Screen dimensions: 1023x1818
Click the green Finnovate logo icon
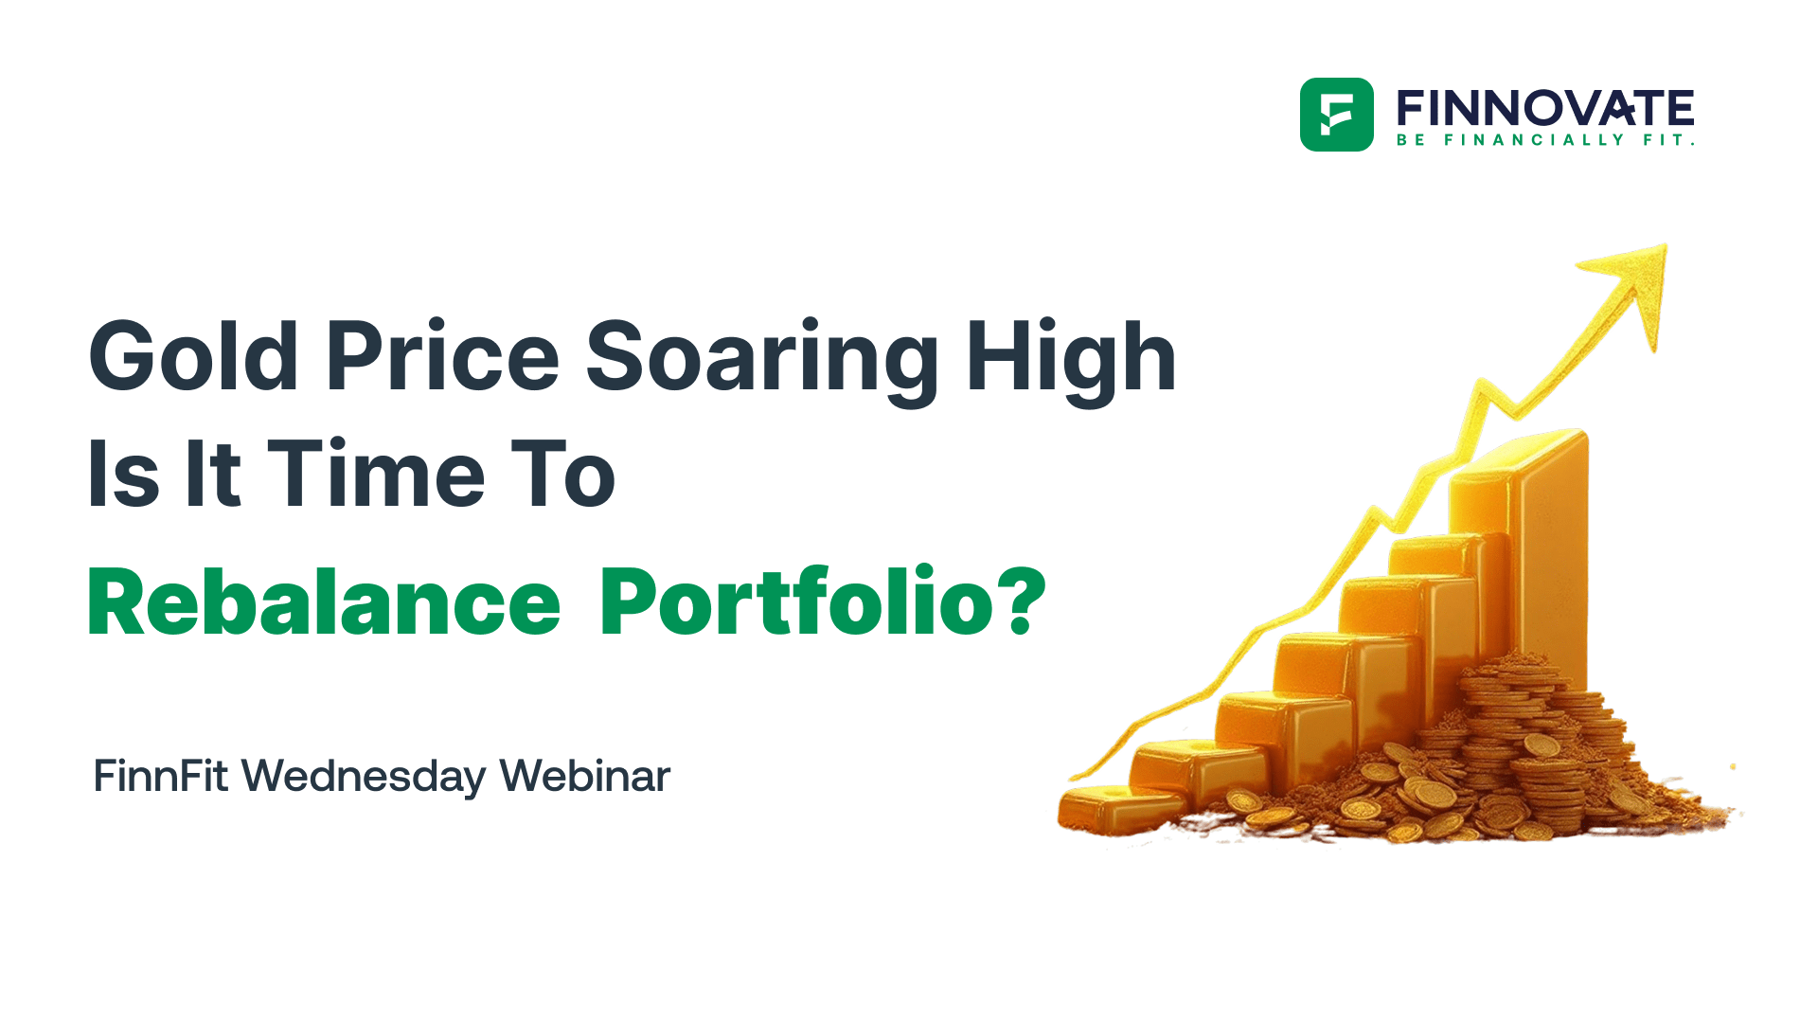coord(1336,115)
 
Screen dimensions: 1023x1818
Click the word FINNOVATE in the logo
coord(1545,108)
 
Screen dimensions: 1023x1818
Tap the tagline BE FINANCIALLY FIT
coord(1545,140)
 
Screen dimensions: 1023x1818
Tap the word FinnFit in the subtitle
coord(160,776)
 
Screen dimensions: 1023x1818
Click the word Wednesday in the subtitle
coord(364,778)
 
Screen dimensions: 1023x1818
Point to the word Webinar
coord(584,776)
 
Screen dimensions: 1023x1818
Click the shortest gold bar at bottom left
coord(1113,810)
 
